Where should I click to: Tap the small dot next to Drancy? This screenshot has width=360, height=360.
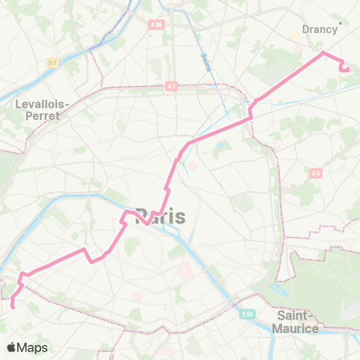tap(340, 22)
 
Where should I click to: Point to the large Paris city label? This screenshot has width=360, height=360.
tap(160, 216)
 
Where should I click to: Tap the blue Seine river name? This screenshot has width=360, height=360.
tap(205, 67)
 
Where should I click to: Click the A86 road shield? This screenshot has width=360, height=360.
tap(156, 25)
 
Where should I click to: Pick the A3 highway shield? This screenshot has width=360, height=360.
tap(315, 172)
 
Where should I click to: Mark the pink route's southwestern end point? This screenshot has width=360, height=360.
tap(13, 305)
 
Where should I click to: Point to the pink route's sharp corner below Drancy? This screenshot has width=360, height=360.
tap(323, 52)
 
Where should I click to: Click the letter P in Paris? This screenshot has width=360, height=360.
tap(142, 216)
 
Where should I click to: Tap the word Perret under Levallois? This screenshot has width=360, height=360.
tap(43, 117)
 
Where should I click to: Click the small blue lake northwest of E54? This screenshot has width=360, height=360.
tap(220, 145)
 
